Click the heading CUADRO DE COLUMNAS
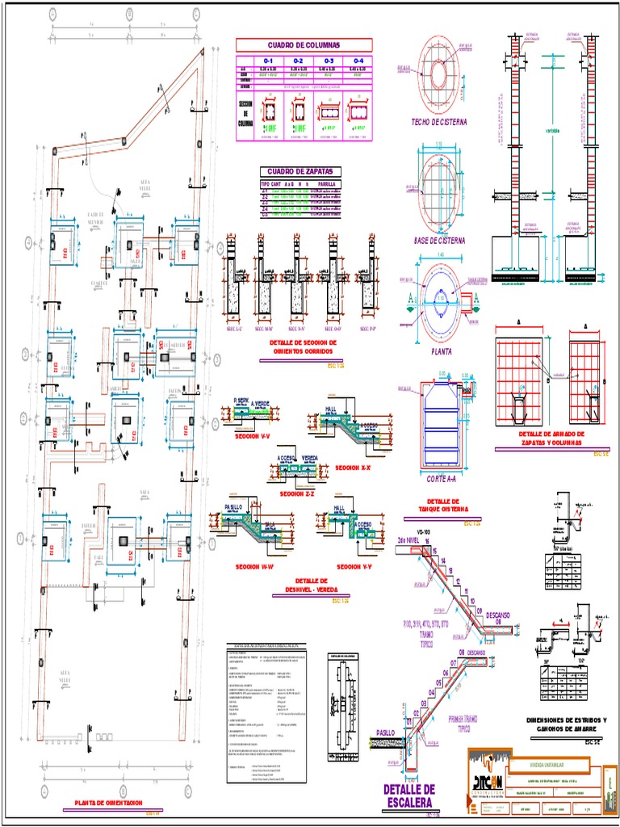(x=304, y=45)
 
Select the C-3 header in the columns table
(x=329, y=61)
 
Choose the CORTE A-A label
(x=442, y=479)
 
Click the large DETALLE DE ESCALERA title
(x=409, y=796)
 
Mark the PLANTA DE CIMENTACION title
(x=107, y=802)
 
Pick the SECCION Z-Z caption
(x=296, y=493)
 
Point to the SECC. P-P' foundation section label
(x=371, y=329)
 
